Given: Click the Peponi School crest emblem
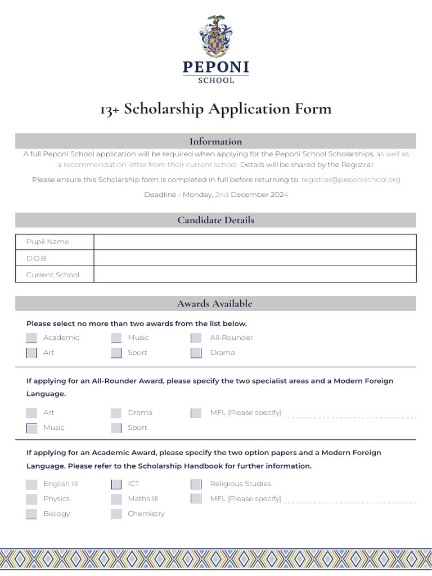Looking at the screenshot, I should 215,37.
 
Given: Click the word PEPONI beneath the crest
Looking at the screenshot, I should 215,68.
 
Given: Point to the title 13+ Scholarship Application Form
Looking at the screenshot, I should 215,109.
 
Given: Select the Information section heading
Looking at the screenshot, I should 215,141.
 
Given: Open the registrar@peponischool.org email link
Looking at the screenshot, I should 350,179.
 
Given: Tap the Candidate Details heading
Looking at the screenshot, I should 215,220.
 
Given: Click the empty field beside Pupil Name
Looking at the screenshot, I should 254,242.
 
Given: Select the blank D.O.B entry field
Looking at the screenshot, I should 254,258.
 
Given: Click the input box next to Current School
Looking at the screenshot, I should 254,274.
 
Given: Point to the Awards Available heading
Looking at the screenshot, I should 215,304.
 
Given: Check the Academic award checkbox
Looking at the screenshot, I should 31,338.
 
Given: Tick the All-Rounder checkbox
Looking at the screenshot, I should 196,338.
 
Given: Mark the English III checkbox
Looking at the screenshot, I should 31,484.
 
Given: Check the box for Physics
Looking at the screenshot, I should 31,499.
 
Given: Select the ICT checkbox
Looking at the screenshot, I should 116,484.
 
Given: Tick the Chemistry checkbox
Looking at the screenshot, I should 116,514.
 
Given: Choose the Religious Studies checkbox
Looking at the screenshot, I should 196,484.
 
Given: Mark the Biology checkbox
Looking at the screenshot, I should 31,514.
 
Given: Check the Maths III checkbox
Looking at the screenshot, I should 116,499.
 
